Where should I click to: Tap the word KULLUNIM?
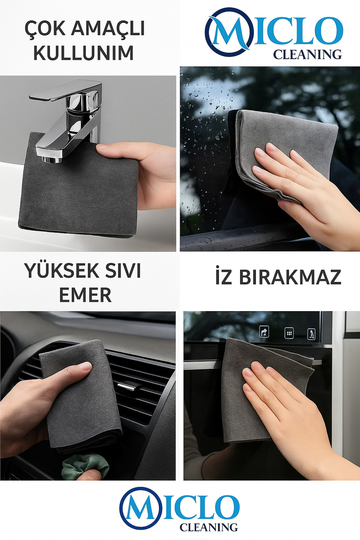[83, 53]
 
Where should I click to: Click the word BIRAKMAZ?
[290, 277]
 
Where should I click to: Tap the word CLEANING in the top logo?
[307, 54]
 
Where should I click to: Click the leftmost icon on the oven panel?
[264, 332]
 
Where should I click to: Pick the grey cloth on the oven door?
[264, 390]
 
